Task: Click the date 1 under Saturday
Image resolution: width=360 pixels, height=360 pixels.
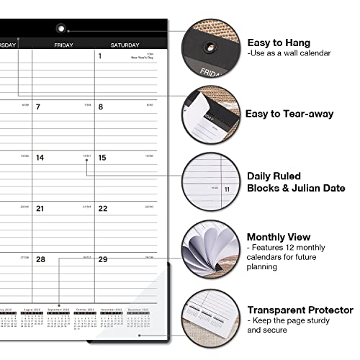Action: [x=99, y=56]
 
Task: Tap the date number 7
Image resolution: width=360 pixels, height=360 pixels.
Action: [x=38, y=107]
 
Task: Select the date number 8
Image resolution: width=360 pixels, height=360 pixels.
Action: [x=100, y=107]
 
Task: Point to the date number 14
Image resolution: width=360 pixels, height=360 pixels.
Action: [x=40, y=158]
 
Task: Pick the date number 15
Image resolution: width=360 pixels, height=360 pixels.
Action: [x=102, y=158]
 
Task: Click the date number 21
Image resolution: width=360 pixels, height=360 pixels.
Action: [x=40, y=209]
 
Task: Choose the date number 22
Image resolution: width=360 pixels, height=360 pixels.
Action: [x=102, y=209]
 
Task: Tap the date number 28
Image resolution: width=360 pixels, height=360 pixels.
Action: [x=41, y=259]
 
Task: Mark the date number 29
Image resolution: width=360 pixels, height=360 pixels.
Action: [x=103, y=259]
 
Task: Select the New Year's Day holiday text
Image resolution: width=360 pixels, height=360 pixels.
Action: [x=143, y=58]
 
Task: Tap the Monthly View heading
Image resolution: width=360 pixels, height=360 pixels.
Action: [x=279, y=236]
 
